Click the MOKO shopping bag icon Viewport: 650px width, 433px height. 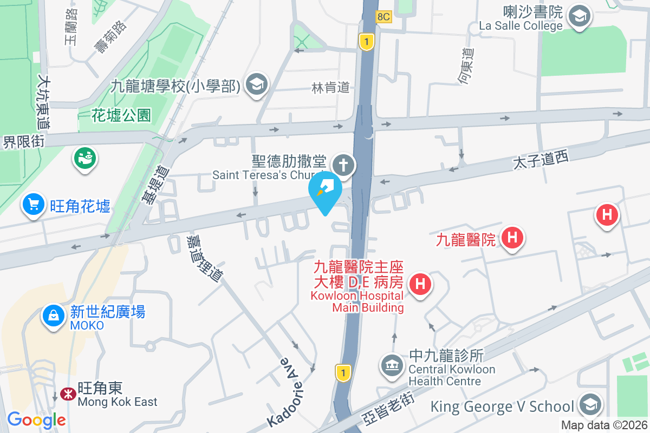click(54, 318)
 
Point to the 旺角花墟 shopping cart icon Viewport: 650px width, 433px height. click(34, 205)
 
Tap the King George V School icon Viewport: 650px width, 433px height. click(589, 405)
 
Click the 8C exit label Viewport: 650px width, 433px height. click(383, 17)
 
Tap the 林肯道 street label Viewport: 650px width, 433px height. click(330, 88)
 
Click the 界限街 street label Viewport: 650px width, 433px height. click(23, 142)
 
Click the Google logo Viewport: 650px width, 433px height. click(36, 419)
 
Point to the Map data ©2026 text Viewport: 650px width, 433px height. click(604, 425)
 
